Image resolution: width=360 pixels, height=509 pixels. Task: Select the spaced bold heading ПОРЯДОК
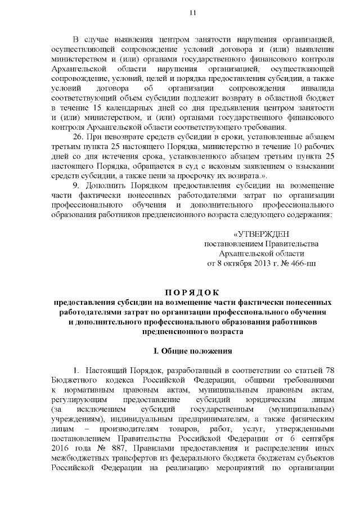(x=192, y=292)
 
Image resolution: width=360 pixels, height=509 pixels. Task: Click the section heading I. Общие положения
(x=192, y=351)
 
